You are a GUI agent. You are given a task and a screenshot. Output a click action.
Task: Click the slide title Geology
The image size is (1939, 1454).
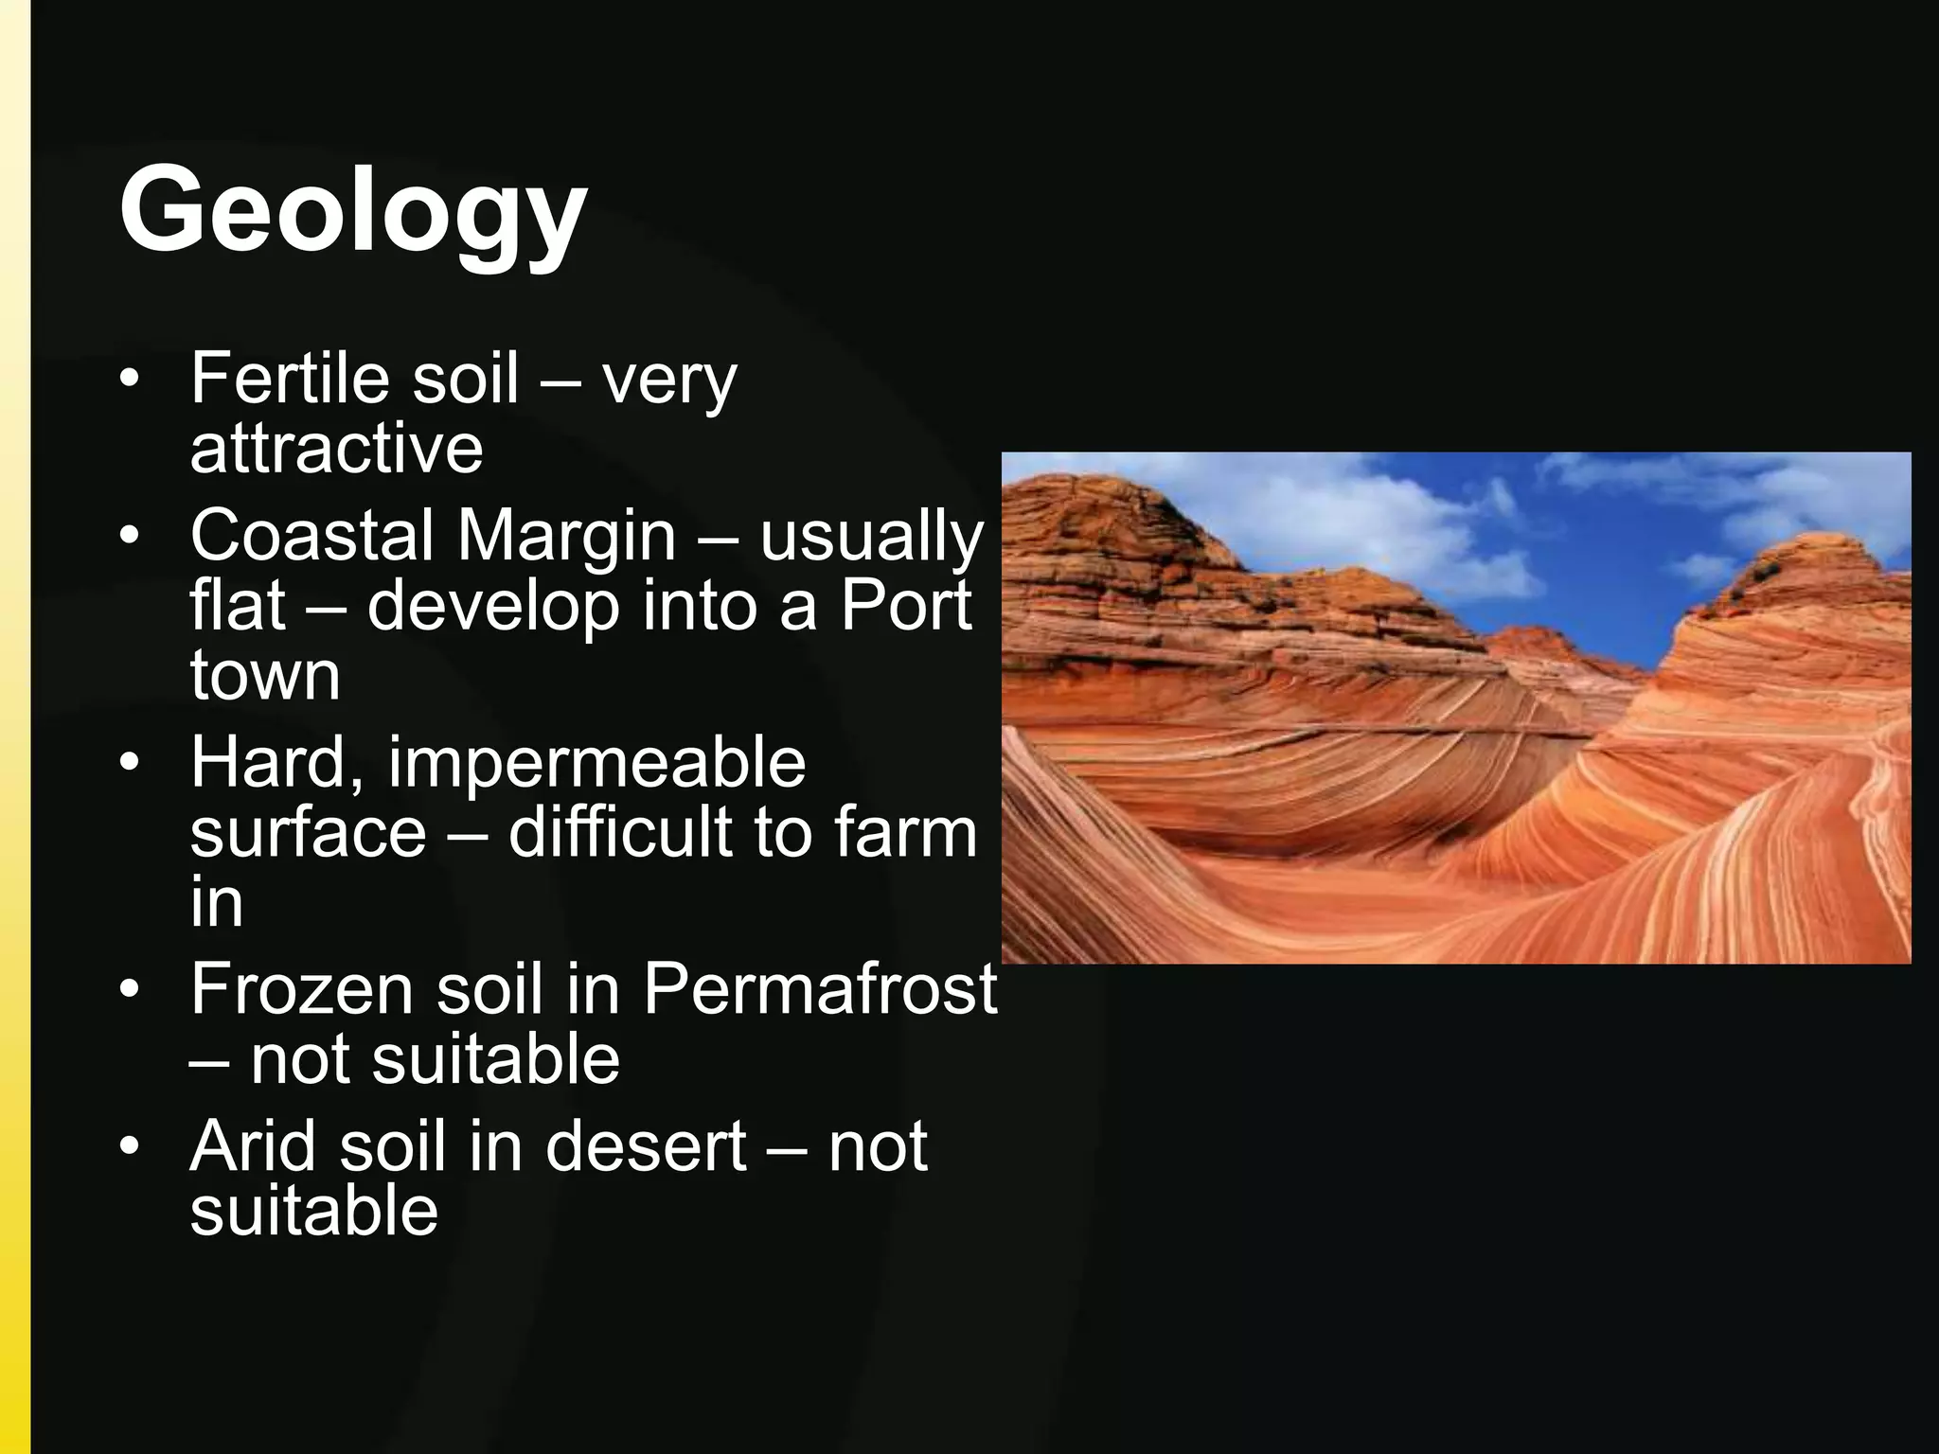352,210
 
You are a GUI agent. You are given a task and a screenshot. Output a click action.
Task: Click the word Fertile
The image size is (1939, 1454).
290,378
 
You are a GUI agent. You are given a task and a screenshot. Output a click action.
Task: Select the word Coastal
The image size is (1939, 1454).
311,535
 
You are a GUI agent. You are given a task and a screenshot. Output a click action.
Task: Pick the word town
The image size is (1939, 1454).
265,675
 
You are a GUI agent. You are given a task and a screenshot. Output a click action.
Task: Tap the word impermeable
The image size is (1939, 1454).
596,763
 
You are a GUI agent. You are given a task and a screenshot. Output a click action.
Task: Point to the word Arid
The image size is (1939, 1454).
252,1146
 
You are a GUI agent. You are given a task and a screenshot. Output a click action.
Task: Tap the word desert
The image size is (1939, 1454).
646,1146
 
